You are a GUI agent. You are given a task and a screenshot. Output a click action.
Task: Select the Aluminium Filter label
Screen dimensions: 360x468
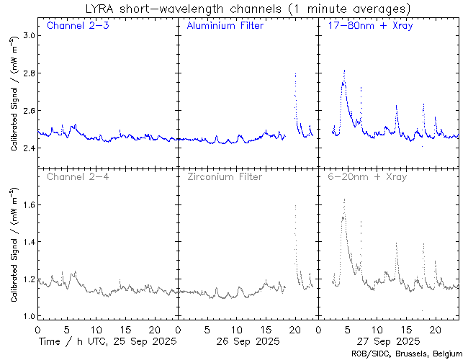click(225, 27)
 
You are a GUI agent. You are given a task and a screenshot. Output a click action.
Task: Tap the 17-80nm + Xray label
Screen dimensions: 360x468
click(366, 27)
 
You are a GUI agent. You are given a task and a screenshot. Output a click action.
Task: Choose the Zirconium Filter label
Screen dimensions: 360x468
click(225, 176)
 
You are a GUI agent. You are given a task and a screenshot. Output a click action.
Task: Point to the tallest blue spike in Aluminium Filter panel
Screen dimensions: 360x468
click(295, 73)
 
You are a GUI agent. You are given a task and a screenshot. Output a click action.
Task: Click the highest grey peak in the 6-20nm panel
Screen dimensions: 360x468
click(344, 199)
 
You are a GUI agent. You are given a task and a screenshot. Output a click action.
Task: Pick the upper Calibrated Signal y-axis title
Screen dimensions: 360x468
click(14, 102)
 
